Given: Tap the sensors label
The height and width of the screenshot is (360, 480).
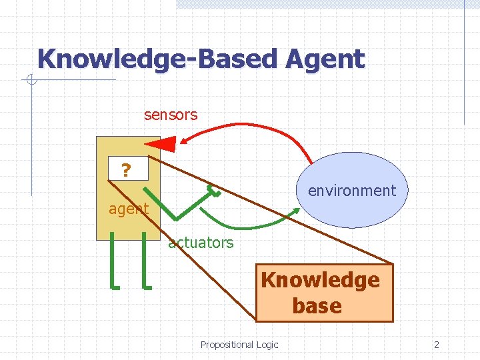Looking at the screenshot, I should (x=171, y=115).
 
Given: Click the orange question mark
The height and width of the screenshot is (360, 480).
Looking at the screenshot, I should (x=125, y=171).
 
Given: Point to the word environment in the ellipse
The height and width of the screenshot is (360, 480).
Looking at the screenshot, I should (x=351, y=191).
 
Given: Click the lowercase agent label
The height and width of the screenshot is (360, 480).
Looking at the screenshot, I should (x=128, y=209).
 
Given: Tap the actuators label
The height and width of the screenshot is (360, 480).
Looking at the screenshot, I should (x=201, y=243).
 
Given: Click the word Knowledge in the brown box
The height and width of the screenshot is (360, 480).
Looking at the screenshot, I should (x=320, y=279).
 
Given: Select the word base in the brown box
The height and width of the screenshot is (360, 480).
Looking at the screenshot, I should (x=317, y=306).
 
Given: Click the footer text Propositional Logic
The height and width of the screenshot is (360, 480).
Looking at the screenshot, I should (x=239, y=345).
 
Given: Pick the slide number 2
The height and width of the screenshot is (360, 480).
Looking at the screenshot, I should (x=436, y=345).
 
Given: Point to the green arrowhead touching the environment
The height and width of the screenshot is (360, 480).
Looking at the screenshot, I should (x=295, y=213).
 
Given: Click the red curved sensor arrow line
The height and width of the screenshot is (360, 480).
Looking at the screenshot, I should (x=267, y=133).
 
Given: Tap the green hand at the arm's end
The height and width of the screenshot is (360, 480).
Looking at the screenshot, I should (x=214, y=191).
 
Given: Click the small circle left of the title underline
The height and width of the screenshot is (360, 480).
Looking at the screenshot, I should (x=31, y=81).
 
